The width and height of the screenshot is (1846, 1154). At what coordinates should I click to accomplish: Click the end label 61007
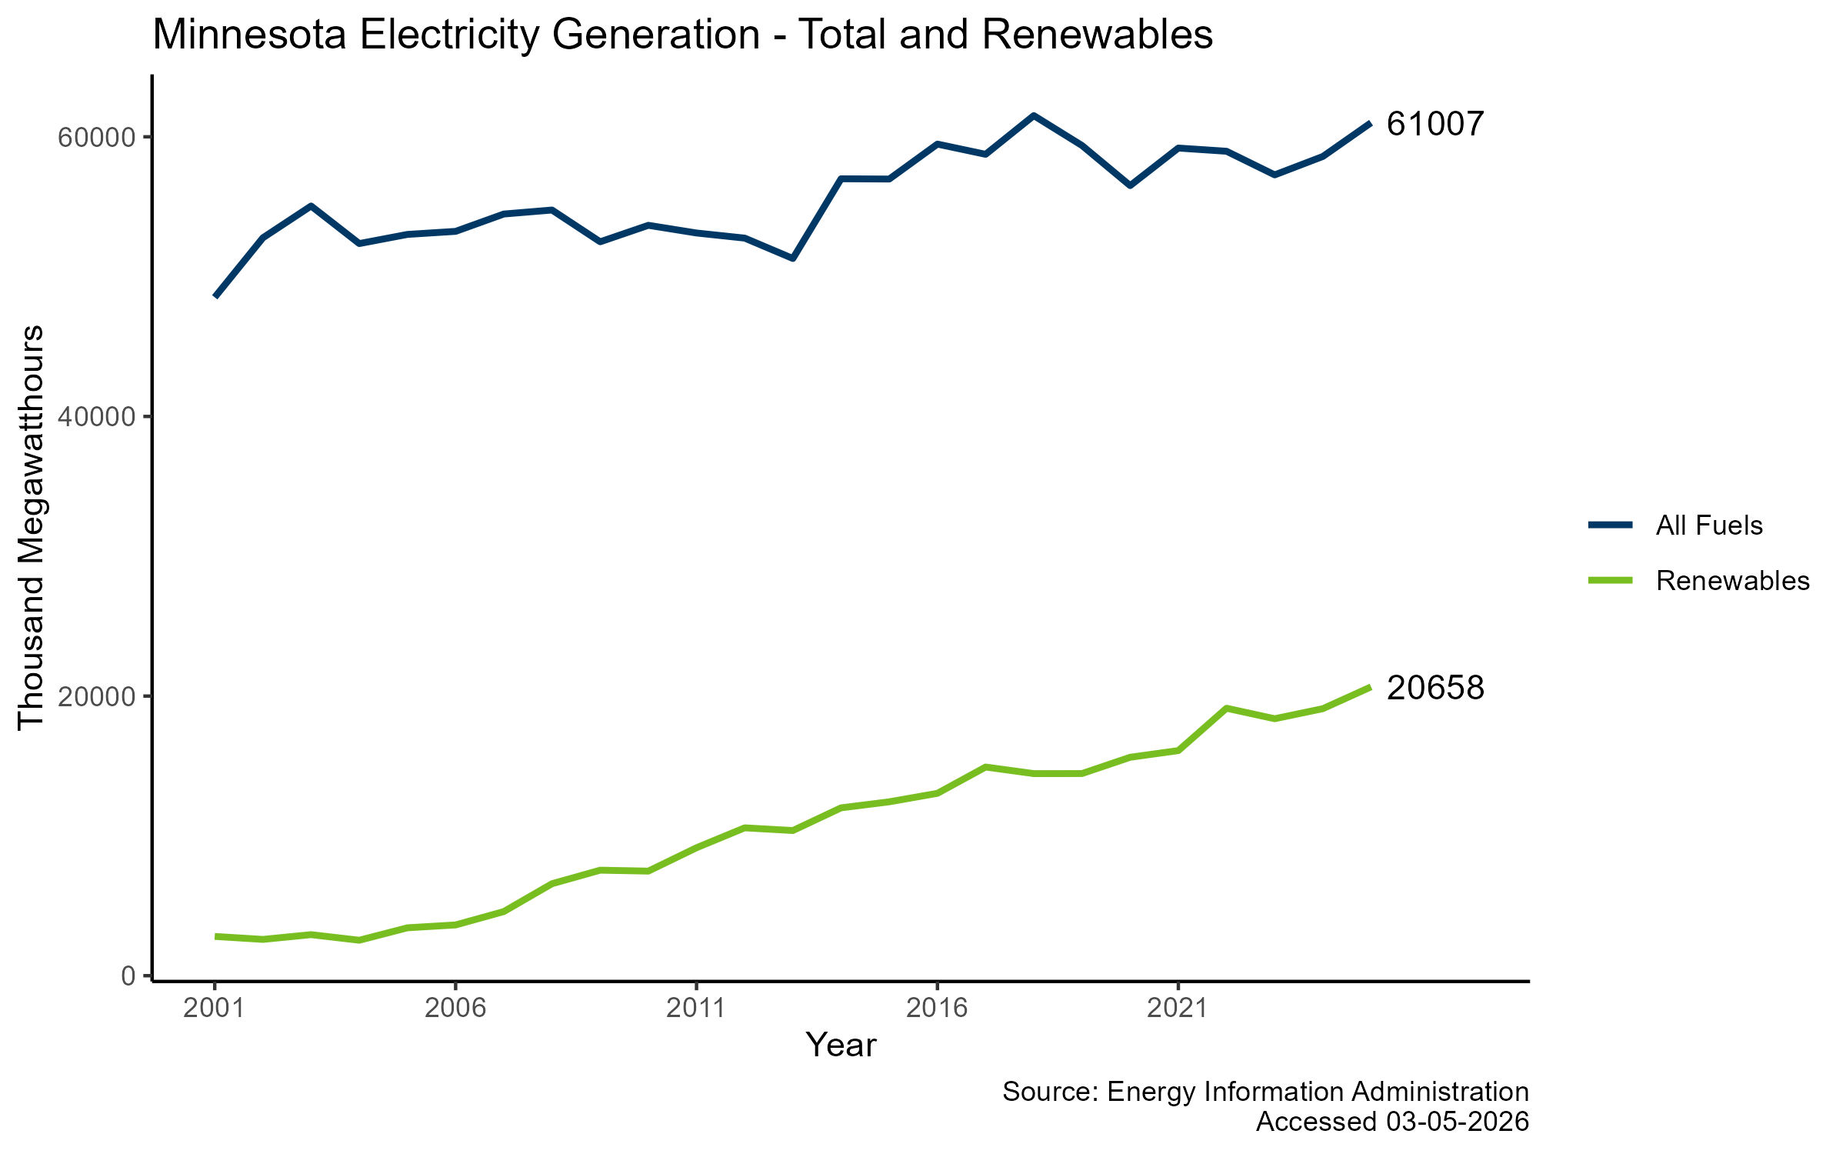coord(1434,124)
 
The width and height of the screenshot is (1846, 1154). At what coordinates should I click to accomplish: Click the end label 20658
coord(1434,688)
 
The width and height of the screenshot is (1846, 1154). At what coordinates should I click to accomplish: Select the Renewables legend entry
coord(1732,581)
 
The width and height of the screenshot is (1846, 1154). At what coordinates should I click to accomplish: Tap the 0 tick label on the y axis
coord(127,976)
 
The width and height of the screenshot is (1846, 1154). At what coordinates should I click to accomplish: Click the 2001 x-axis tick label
coord(215,1008)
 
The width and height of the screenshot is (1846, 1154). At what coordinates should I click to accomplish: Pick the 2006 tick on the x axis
coord(455,1008)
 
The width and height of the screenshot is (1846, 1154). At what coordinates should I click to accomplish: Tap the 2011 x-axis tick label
coord(696,1008)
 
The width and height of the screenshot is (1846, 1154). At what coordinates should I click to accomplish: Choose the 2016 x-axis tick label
coord(937,1008)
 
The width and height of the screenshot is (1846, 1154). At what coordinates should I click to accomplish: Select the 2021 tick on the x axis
coord(1178,1008)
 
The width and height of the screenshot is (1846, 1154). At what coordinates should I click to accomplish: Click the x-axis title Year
coord(841,1046)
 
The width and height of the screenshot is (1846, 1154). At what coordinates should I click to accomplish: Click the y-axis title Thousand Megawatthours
coord(31,527)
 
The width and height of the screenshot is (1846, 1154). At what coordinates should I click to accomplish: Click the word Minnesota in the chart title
coord(249,35)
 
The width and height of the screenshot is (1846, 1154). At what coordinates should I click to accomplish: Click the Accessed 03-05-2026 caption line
coord(1391,1122)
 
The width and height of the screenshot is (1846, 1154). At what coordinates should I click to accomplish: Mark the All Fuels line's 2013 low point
coord(792,258)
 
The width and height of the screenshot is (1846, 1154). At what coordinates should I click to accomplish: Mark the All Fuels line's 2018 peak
coord(1033,115)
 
